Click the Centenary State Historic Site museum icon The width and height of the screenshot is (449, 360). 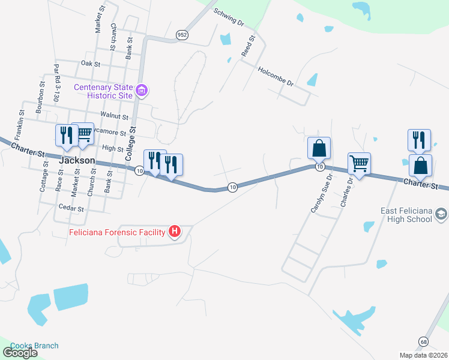142,91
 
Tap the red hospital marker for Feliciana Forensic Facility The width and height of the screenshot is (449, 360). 175,231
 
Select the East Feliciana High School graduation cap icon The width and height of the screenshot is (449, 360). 441,214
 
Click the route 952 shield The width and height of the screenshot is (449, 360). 182,35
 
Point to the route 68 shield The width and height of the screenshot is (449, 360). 424,341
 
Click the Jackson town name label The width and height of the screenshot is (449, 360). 77,161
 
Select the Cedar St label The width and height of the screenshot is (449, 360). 70,208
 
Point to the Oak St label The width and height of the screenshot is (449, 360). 90,63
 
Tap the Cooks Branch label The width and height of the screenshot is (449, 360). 35,346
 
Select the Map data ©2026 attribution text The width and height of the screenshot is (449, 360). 423,355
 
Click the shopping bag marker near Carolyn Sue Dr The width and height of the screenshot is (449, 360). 319,148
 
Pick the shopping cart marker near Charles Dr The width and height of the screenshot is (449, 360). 359,163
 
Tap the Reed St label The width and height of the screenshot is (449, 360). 248,46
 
